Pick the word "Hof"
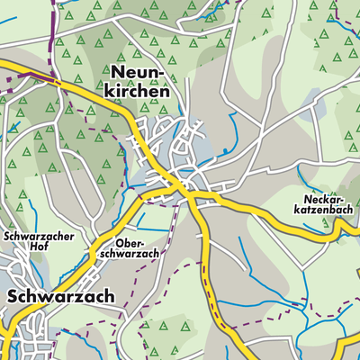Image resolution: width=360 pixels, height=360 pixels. point(37,249)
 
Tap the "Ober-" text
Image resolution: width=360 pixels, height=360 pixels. point(130,243)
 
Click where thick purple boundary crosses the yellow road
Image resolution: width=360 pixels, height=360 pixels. point(58,80)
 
